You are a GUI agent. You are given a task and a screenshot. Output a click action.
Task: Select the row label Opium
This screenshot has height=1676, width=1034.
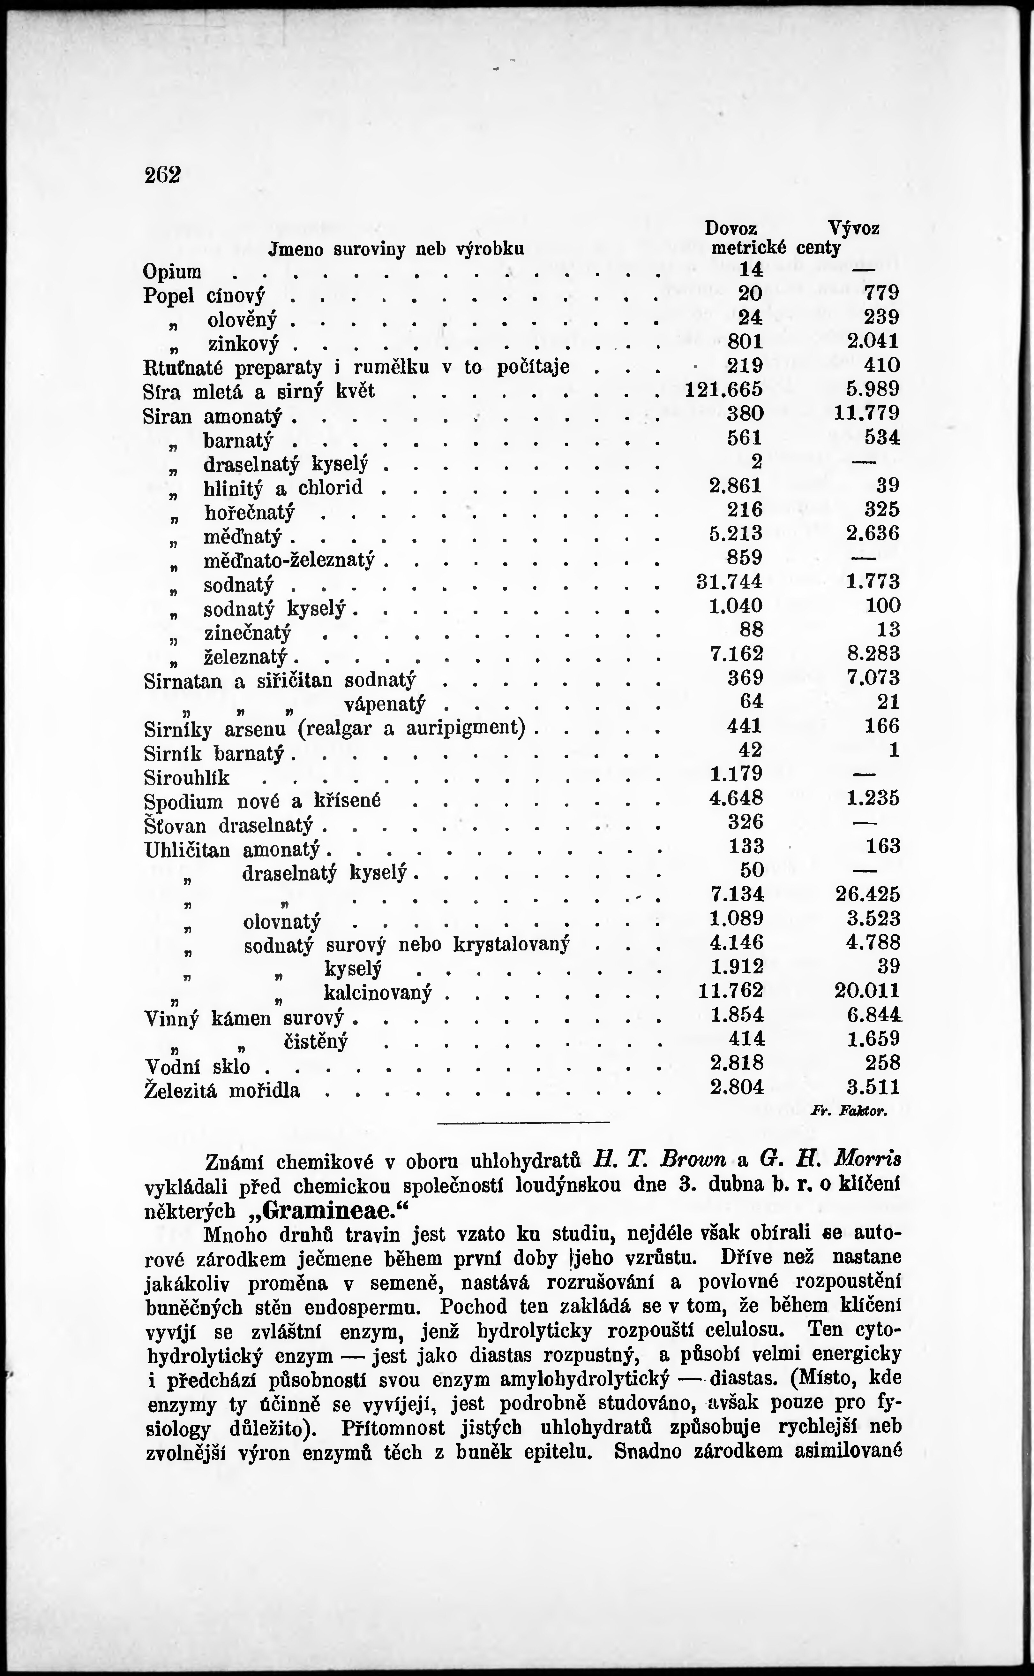pyautogui.click(x=172, y=272)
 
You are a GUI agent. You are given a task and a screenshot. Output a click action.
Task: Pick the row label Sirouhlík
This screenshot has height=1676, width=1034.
pyautogui.click(x=187, y=778)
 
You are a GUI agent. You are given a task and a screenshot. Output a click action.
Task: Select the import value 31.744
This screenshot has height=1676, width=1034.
pyautogui.click(x=728, y=582)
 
